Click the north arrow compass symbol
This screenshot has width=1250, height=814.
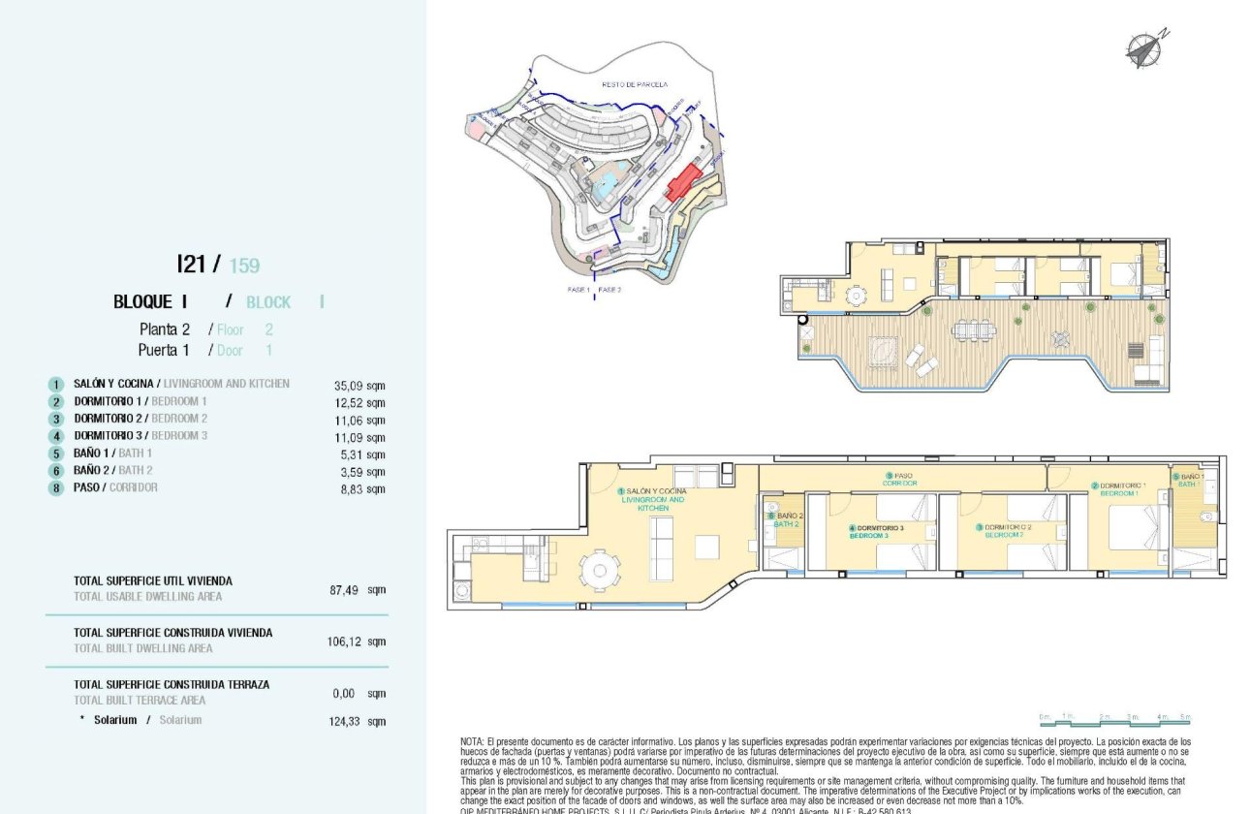pos(1144,48)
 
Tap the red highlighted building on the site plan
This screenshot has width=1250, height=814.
pos(684,182)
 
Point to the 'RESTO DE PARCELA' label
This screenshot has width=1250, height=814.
pos(635,85)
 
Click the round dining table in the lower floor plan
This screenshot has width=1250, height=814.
pos(599,570)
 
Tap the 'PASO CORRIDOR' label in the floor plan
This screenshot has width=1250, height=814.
pos(900,479)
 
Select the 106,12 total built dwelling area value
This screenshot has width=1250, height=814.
pos(356,642)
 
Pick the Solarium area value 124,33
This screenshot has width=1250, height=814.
pos(356,721)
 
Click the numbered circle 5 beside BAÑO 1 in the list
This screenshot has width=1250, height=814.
pos(57,454)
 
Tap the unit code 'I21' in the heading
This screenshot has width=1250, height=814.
pos(191,264)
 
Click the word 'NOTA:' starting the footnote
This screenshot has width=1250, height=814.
pos(472,741)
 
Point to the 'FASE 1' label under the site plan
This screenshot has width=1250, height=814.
pos(578,290)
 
